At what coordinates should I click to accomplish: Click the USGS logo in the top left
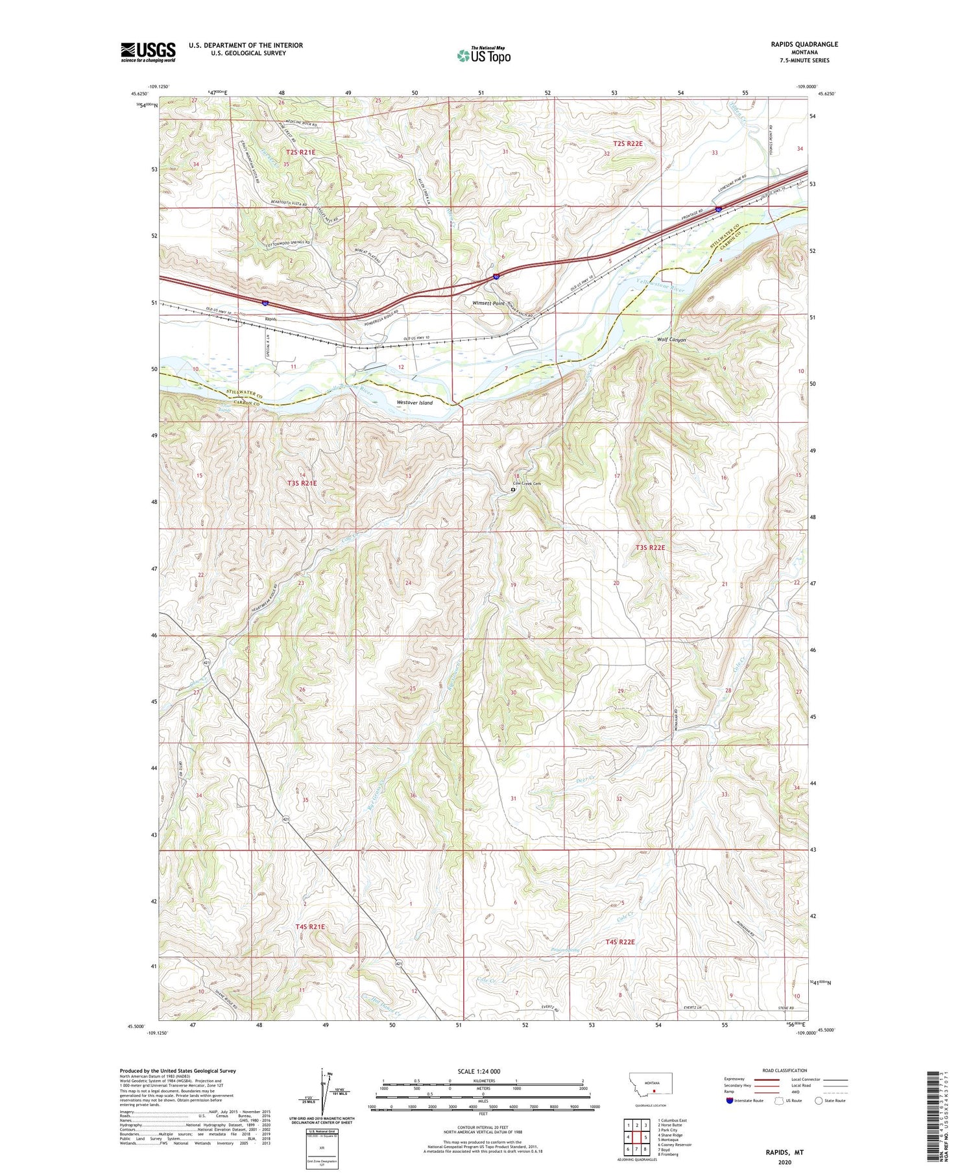(148, 52)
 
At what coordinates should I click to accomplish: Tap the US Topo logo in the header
(483, 56)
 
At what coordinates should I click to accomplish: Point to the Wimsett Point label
(488, 303)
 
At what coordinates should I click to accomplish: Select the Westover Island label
(414, 402)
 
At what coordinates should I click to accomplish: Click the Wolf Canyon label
(671, 339)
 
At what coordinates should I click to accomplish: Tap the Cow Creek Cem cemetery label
(525, 483)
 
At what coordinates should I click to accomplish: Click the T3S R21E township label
(302, 483)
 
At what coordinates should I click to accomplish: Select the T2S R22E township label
(627, 143)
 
